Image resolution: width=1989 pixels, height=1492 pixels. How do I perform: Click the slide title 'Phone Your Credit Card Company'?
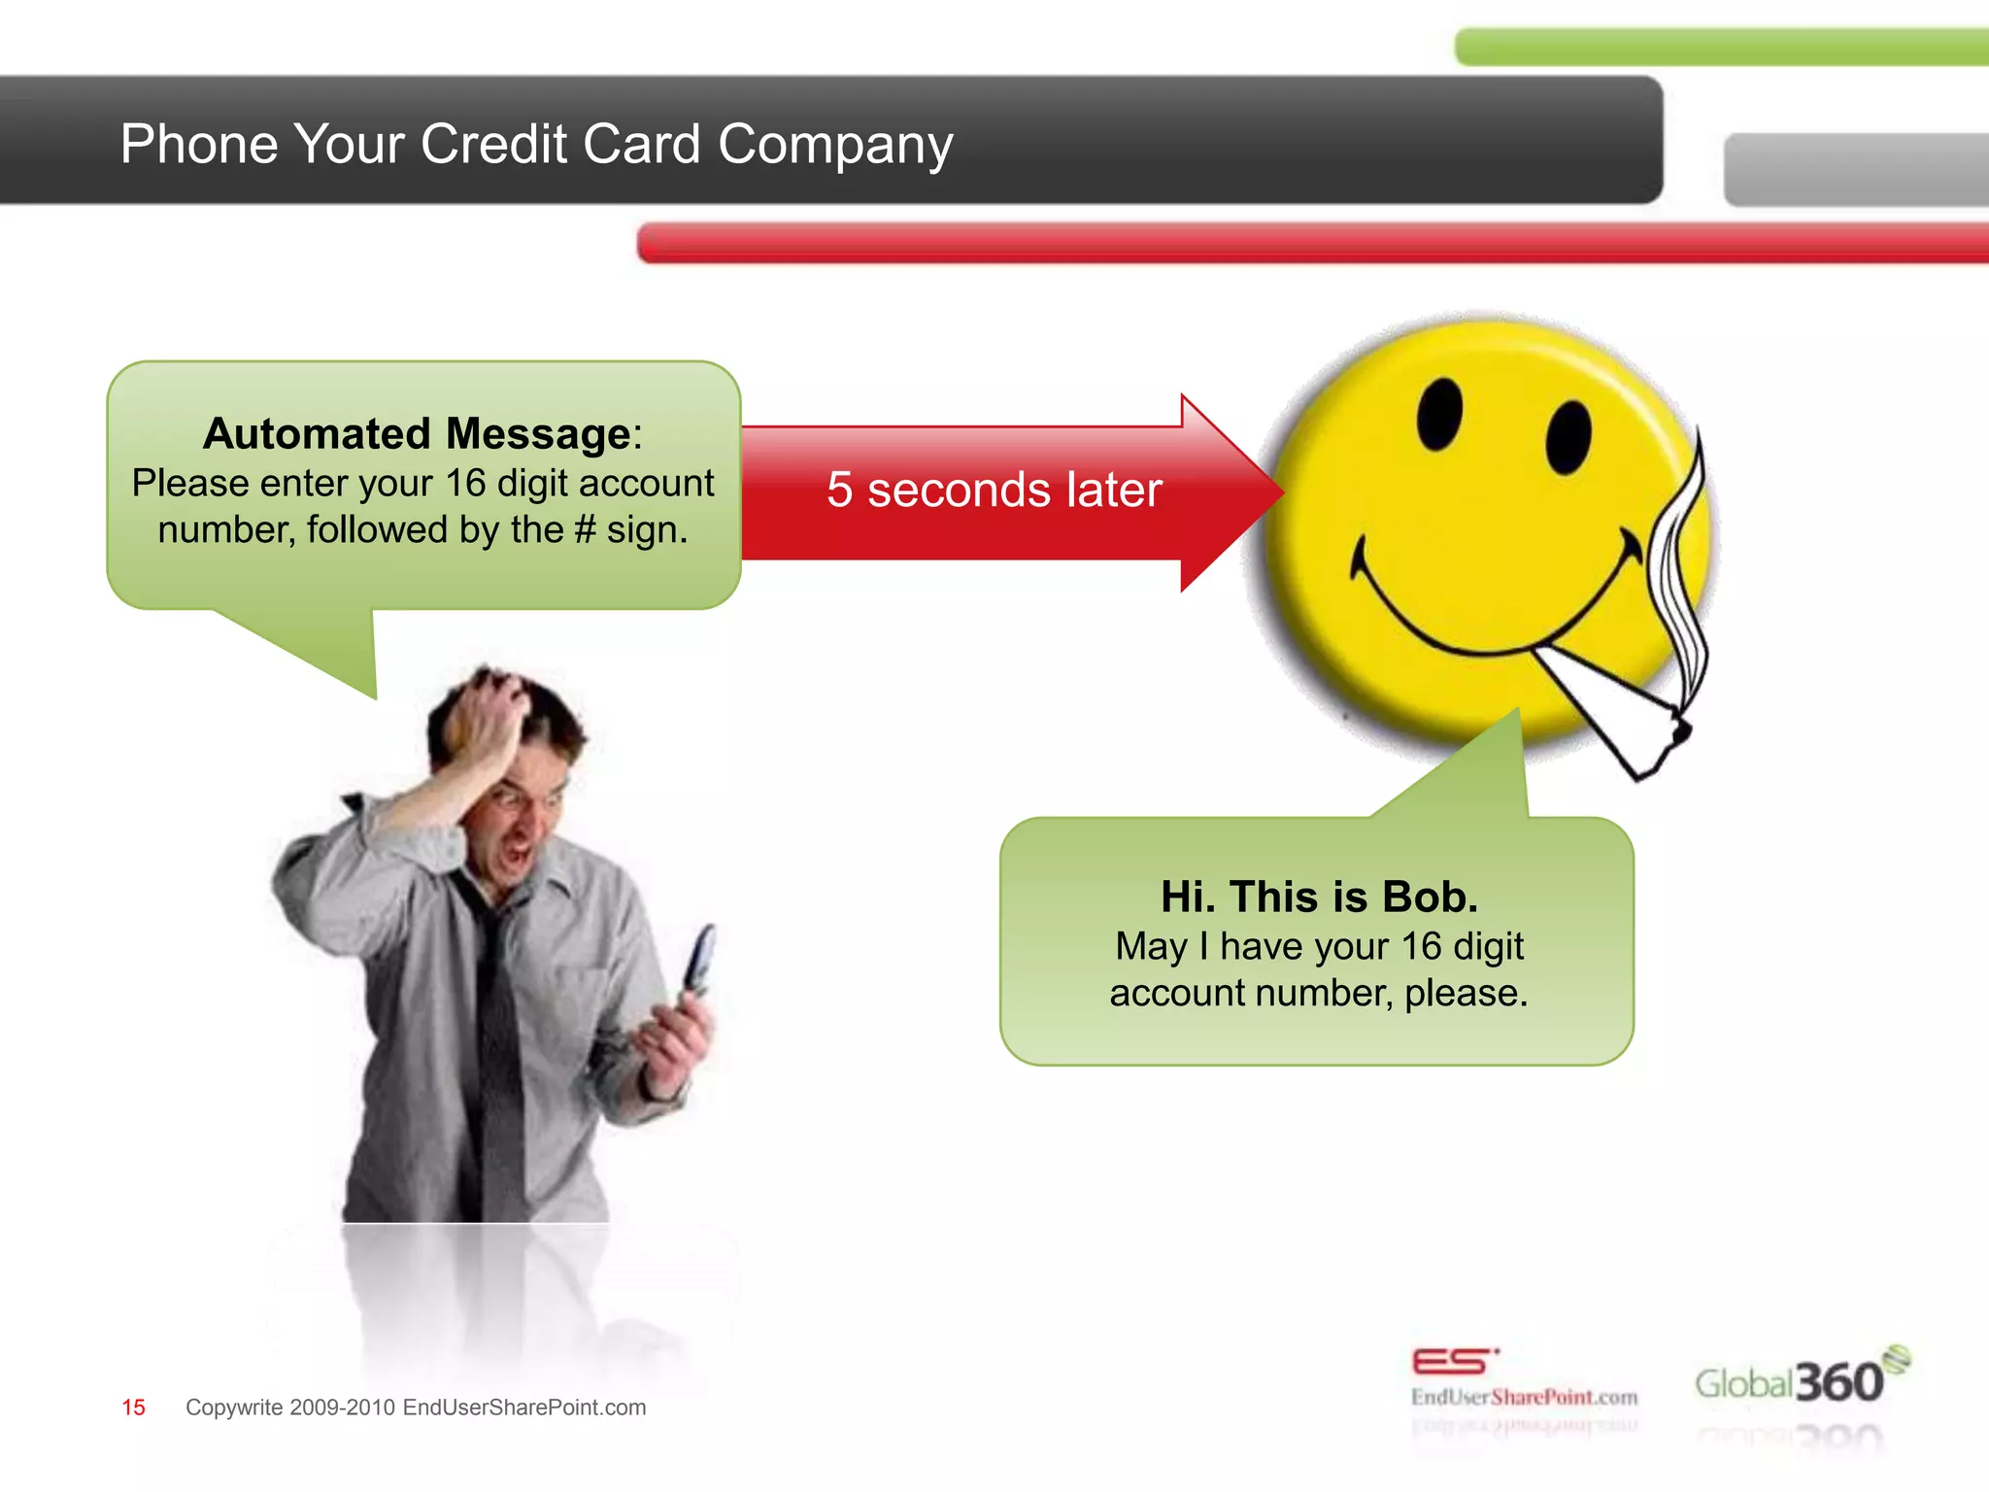click(x=536, y=144)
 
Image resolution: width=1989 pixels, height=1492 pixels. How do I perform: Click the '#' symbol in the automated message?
click(x=585, y=530)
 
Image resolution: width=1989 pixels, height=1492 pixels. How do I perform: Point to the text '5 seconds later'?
click(x=994, y=490)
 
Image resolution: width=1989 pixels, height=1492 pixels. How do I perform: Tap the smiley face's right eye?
click(x=1568, y=437)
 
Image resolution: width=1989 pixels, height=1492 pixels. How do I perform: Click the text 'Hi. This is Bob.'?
click(x=1319, y=897)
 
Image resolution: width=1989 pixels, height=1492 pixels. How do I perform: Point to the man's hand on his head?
click(x=486, y=719)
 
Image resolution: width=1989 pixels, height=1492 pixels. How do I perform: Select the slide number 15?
click(x=133, y=1407)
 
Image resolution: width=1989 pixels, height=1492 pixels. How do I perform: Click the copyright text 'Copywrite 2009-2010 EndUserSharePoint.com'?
click(x=416, y=1407)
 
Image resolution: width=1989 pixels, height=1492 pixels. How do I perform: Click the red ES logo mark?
click(x=1452, y=1362)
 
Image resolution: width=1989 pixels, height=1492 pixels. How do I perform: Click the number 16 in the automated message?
click(x=465, y=483)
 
